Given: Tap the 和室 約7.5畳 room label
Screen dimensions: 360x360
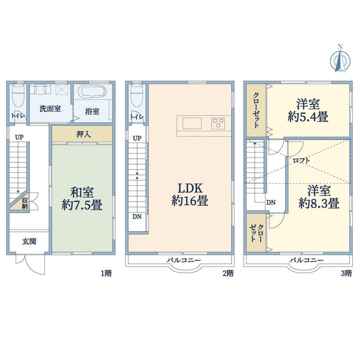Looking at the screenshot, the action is coord(82,199).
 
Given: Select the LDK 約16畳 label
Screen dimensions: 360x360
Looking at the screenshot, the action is coord(190,194).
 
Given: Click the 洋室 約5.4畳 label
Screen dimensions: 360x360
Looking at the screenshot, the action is coord(308,110).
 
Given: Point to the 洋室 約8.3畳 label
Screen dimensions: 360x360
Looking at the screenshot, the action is coord(319,197).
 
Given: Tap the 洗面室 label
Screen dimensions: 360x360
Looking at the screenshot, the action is coord(50,109).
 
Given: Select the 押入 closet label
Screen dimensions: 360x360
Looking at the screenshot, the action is coord(83,134).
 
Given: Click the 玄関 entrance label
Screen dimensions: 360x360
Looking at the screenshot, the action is coord(29,241).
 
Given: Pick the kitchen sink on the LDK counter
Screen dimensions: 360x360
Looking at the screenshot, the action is coord(192,123).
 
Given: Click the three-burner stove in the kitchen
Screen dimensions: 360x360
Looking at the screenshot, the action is coord(218,123).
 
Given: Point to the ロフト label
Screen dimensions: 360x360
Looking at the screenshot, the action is coord(301,160).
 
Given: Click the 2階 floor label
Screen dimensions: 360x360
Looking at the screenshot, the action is coord(228,274).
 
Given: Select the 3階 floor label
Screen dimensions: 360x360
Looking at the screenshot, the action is coord(346,274).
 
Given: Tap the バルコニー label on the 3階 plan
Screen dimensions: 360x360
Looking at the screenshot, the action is coord(306,260).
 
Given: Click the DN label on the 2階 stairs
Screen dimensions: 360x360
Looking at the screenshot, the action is coord(137,216).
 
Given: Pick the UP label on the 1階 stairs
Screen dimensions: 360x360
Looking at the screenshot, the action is coord(19,137).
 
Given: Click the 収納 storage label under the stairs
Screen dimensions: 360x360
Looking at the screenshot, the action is coord(25,203).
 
